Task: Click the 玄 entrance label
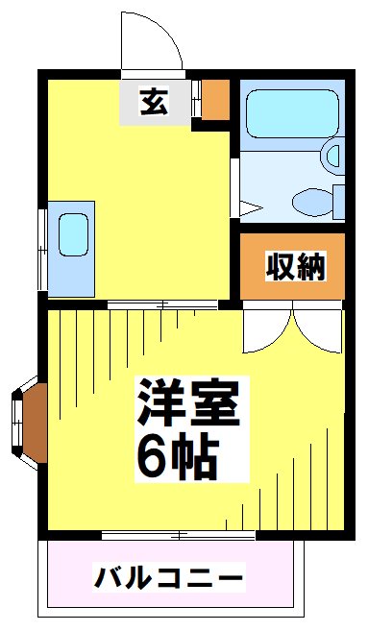tap(153, 101)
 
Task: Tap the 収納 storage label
tap(295, 265)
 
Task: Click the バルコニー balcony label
tap(169, 578)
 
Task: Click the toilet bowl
tap(311, 202)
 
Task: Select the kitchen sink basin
tap(73, 234)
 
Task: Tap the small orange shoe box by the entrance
tap(216, 98)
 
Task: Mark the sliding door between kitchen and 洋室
tap(163, 304)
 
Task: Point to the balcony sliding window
tap(178, 533)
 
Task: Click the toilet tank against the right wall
tap(339, 201)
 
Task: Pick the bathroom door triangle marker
tap(249, 206)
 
